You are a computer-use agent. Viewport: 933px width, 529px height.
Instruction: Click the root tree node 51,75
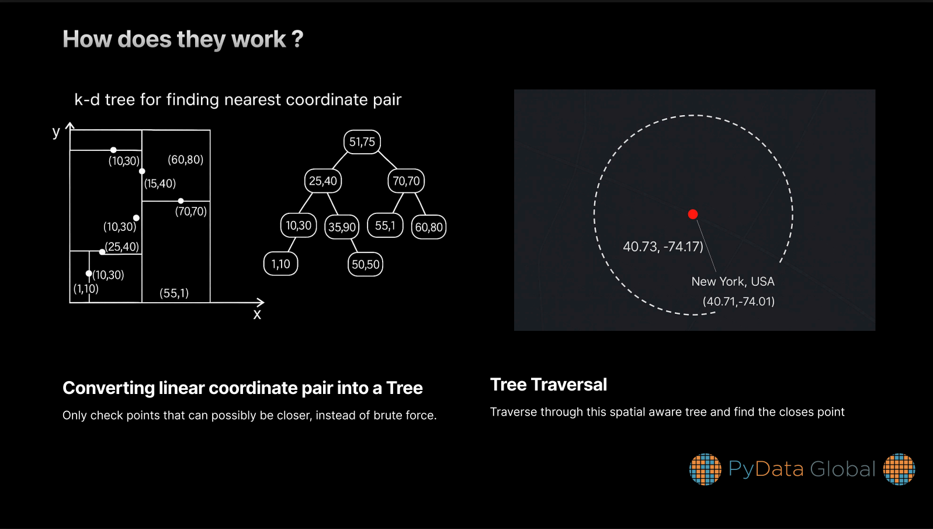pyautogui.click(x=362, y=141)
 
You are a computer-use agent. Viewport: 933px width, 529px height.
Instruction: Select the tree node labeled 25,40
pyautogui.click(x=323, y=181)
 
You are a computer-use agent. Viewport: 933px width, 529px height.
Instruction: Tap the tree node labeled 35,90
pyautogui.click(x=342, y=227)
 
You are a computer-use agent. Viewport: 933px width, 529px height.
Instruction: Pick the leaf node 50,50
pyautogui.click(x=365, y=264)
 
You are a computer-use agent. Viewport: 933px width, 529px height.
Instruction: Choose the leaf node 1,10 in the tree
pyautogui.click(x=281, y=264)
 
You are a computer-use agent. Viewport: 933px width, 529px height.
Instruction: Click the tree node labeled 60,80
pyautogui.click(x=429, y=227)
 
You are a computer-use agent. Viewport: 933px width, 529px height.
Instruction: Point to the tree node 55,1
pyautogui.click(x=385, y=226)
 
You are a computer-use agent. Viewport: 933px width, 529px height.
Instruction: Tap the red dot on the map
pyautogui.click(x=693, y=215)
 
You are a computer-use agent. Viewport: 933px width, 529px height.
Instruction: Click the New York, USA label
pyautogui.click(x=733, y=282)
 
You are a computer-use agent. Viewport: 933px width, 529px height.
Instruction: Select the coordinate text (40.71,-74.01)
pyautogui.click(x=738, y=302)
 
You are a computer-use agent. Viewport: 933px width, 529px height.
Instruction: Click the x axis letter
pyautogui.click(x=257, y=314)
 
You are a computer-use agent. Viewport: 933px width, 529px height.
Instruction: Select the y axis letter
pyautogui.click(x=56, y=132)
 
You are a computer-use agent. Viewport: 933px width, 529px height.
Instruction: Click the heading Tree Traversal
pyautogui.click(x=549, y=385)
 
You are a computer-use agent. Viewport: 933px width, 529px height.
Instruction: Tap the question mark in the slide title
pyautogui.click(x=297, y=39)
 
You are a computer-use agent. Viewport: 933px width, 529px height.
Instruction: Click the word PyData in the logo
pyautogui.click(x=765, y=469)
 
